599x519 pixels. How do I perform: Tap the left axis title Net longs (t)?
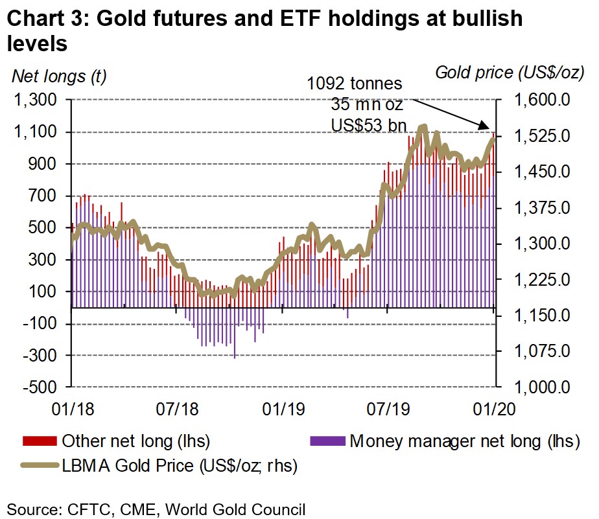pos(59,76)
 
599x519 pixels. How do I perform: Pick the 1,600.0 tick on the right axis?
pos(540,100)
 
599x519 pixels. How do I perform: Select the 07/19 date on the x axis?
pos(385,409)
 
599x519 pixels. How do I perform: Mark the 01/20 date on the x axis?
pos(491,409)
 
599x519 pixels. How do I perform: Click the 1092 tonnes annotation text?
pos(355,84)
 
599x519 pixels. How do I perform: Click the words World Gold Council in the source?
pos(235,509)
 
